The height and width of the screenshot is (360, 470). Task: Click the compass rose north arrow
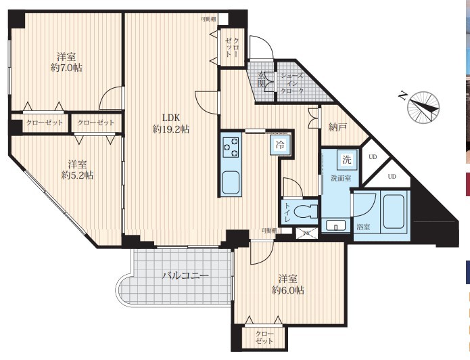pyautogui.click(x=423, y=108)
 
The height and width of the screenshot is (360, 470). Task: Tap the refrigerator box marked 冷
pyautogui.click(x=280, y=145)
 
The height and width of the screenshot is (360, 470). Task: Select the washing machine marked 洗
pyautogui.click(x=347, y=159)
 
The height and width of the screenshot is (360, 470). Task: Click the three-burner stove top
pyautogui.click(x=231, y=147)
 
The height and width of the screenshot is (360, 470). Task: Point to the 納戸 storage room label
pyautogui.click(x=337, y=127)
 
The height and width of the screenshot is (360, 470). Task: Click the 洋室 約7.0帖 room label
pyautogui.click(x=66, y=62)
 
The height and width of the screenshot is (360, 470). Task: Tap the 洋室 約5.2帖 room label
pyautogui.click(x=77, y=170)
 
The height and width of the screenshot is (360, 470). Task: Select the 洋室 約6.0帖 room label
pyautogui.click(x=288, y=284)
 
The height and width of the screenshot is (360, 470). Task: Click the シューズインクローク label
pyautogui.click(x=292, y=83)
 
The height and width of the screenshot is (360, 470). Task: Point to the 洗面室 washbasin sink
pyautogui.click(x=335, y=225)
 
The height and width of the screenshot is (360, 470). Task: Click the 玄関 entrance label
pyautogui.click(x=261, y=79)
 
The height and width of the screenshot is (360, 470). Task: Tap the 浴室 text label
pyautogui.click(x=363, y=227)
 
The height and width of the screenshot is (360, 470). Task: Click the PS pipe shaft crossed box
pyautogui.click(x=306, y=233)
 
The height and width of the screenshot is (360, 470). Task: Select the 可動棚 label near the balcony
pyautogui.click(x=269, y=230)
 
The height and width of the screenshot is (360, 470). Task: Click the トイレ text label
pyautogui.click(x=287, y=212)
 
